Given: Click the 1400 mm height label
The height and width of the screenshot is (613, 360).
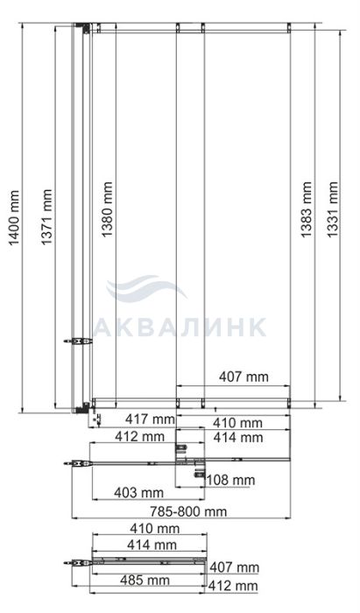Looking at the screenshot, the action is [x=14, y=218].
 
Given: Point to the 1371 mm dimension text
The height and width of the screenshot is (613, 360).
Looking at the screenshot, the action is [x=46, y=217].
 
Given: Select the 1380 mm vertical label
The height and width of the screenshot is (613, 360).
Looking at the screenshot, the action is [x=107, y=209].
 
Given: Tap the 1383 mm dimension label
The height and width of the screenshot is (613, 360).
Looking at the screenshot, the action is [x=307, y=209].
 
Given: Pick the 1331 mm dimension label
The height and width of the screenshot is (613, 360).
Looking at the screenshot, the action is [x=332, y=209].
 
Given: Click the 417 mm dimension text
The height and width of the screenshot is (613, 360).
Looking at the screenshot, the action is [x=150, y=419].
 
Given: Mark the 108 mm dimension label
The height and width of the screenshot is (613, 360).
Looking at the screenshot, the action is [x=230, y=480].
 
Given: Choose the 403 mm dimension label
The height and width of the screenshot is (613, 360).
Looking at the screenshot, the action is [x=138, y=492].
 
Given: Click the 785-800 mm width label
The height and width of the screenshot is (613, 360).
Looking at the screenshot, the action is [x=188, y=511].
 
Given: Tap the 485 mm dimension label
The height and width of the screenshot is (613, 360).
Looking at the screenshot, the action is [x=145, y=580].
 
